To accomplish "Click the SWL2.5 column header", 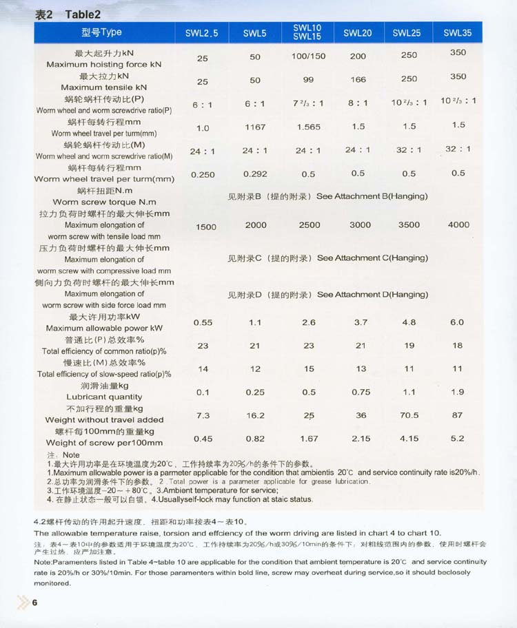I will [201, 33].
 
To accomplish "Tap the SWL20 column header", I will [357, 32].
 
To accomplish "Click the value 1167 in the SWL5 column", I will [255, 127].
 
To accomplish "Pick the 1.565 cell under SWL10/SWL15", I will [308, 127].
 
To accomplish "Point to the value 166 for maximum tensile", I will [358, 80].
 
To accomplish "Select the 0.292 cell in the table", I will [255, 174].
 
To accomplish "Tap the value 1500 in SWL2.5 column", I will [205, 227].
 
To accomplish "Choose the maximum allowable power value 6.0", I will [457, 322].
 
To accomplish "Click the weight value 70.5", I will [409, 415].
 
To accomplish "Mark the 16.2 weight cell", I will [255, 416].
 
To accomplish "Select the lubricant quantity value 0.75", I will [361, 392].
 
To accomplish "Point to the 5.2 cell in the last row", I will [457, 438].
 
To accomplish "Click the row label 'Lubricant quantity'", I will [104, 397].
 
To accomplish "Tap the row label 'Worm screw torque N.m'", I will [104, 202].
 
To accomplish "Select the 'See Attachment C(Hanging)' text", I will [372, 258].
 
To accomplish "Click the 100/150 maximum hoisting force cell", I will [308, 56].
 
